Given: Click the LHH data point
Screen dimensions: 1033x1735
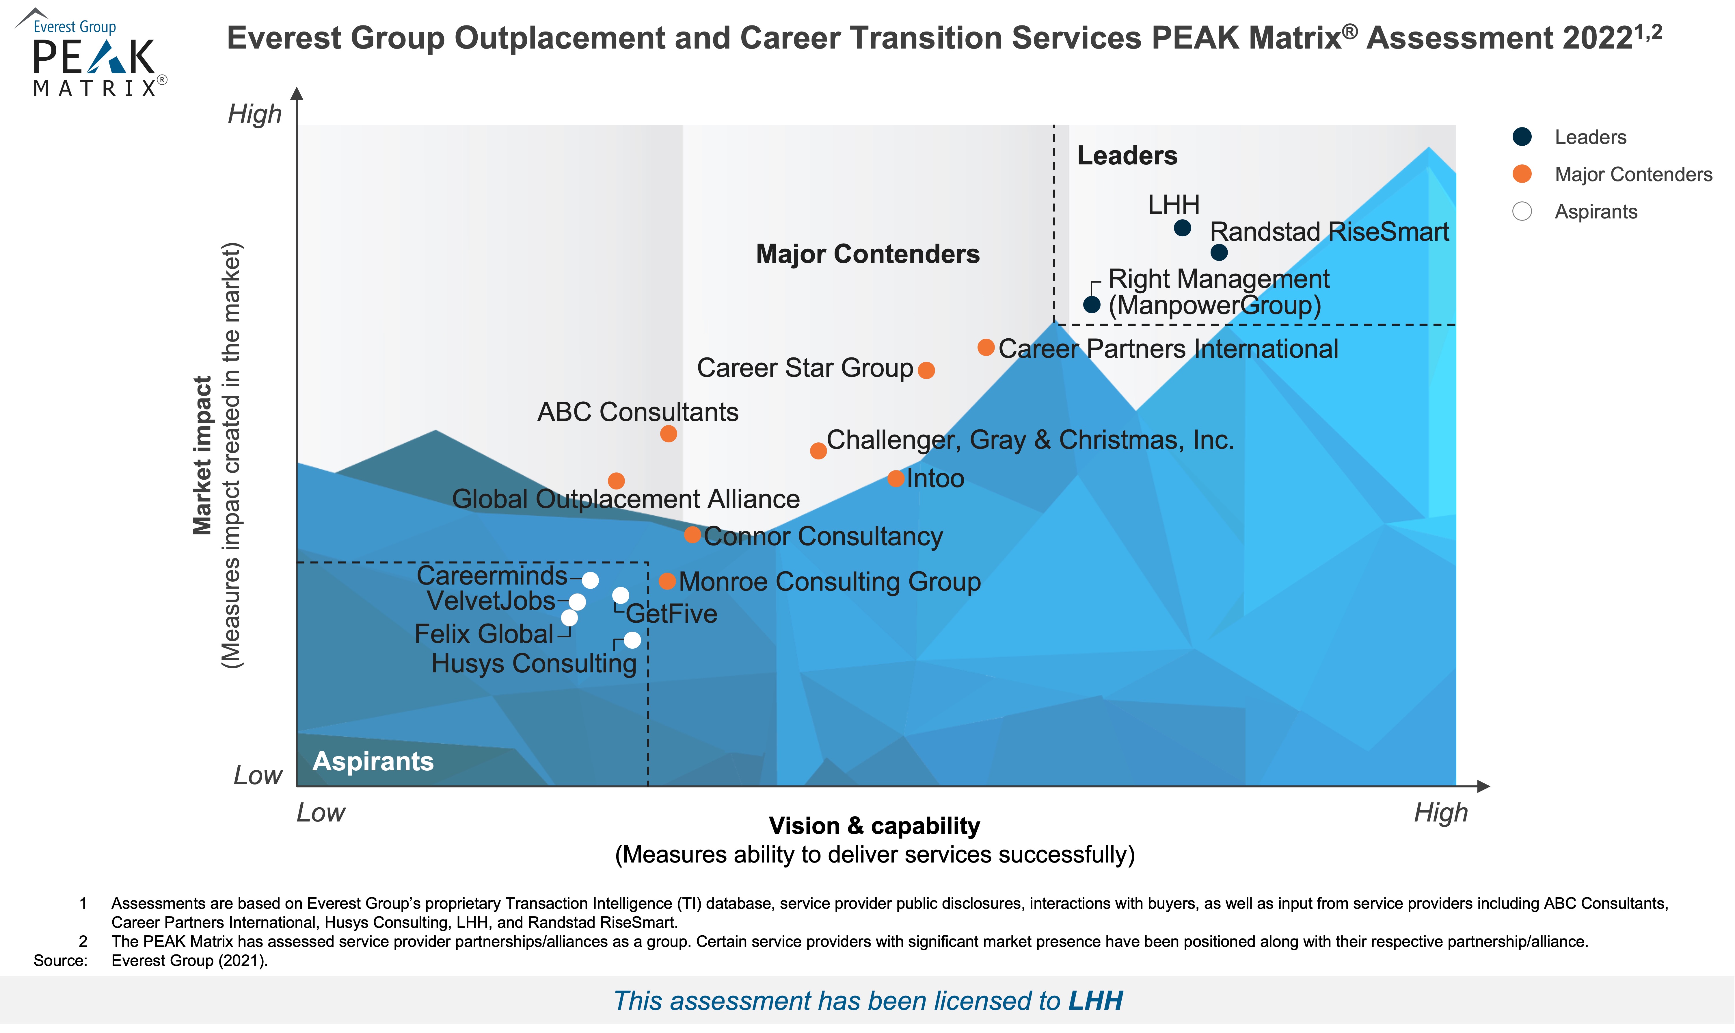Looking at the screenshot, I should click(x=1182, y=228).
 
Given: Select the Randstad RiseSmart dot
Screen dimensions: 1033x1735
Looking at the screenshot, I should click(x=1219, y=253).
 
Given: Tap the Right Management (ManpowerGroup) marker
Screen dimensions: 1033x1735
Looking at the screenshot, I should click(x=1092, y=304).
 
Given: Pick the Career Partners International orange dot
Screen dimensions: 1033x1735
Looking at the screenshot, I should click(x=986, y=347).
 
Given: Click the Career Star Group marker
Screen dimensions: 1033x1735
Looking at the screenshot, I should click(x=926, y=370).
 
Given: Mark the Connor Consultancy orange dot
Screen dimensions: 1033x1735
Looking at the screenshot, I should click(x=692, y=535).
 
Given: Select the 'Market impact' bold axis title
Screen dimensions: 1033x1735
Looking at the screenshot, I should click(x=202, y=456).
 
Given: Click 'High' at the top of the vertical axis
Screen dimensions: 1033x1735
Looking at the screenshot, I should click(x=255, y=114).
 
